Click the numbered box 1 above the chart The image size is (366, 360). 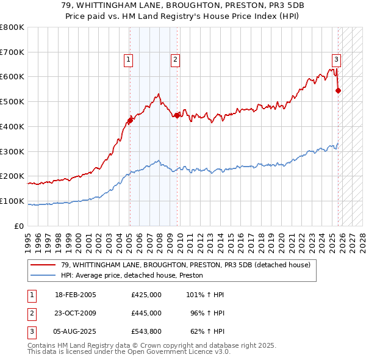[x=129, y=60]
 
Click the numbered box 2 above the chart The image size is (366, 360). [x=175, y=60]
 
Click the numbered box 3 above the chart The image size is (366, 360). [x=336, y=60]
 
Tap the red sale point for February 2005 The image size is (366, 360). [x=130, y=120]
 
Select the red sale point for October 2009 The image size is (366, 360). [x=177, y=115]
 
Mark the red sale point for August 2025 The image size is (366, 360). [x=339, y=91]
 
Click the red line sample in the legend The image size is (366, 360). [x=43, y=265]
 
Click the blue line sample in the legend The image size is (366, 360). [x=43, y=276]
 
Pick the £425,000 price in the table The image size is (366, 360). [x=146, y=295]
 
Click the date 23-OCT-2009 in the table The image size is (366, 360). [x=75, y=313]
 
